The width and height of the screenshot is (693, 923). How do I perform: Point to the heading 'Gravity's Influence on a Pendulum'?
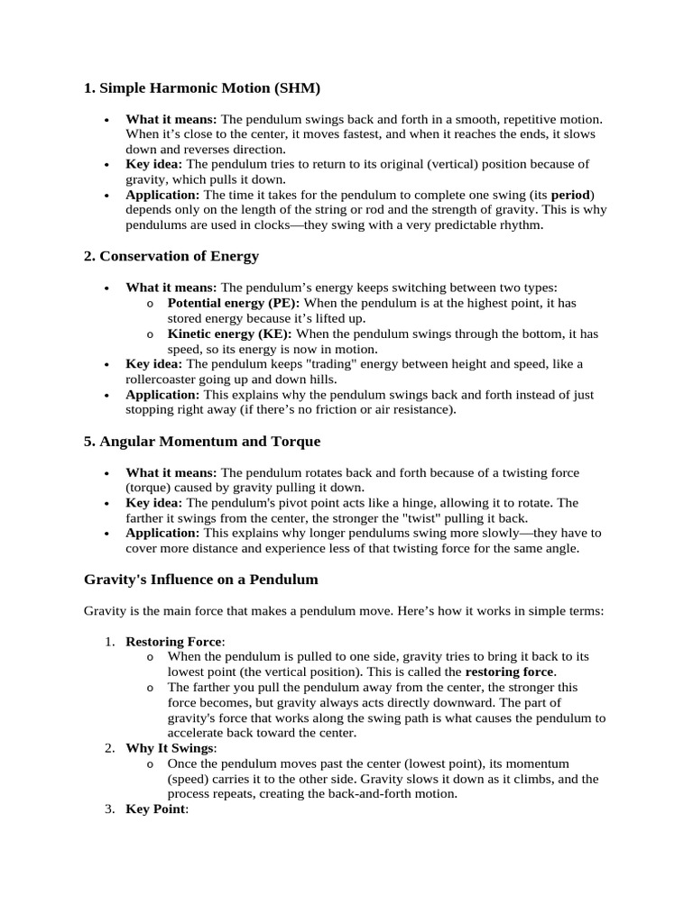(200, 579)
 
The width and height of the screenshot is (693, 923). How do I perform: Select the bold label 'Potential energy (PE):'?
(234, 303)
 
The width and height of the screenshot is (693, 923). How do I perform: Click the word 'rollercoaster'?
(163, 379)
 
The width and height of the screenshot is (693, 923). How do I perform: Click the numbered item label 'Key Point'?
(154, 809)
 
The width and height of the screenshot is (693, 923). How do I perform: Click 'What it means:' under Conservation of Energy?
(171, 287)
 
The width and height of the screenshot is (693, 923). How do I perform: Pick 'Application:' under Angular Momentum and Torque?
(162, 533)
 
